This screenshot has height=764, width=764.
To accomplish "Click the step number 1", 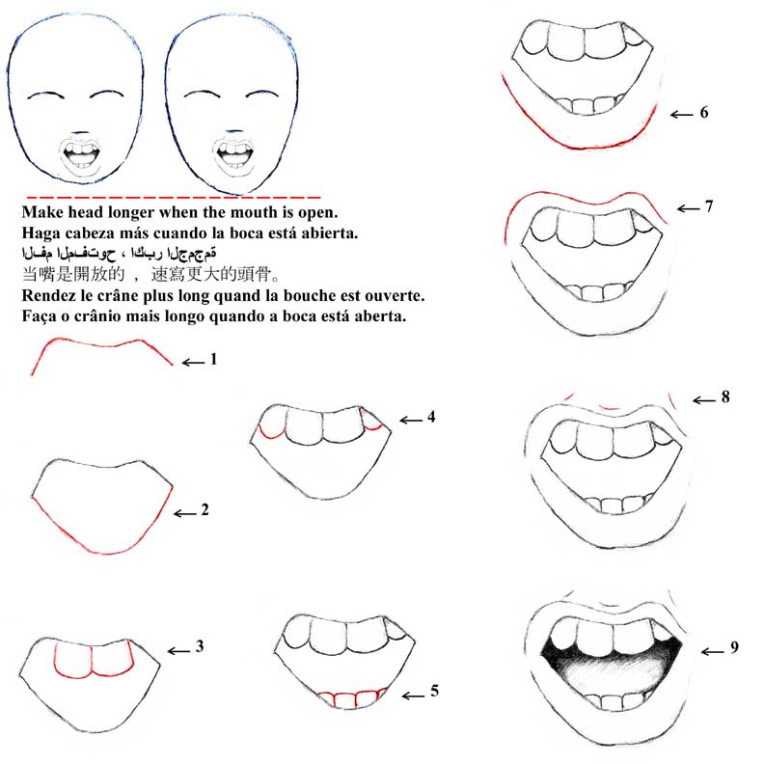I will (213, 360).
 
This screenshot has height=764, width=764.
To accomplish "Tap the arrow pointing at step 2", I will (185, 513).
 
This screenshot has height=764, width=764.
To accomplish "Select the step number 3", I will (199, 647).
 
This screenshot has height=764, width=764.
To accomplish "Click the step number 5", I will (434, 691).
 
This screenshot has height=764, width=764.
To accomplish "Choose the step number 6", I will (704, 113).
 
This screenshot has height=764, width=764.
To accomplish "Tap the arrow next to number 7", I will (688, 207).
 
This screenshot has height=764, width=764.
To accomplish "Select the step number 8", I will (724, 396).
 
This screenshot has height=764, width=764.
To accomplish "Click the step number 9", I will (734, 648).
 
